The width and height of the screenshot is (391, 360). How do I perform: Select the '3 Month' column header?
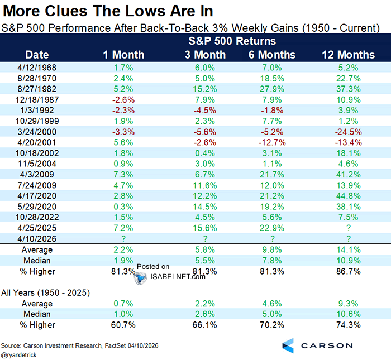[x=206, y=55]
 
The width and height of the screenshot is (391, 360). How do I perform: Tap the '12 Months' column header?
[x=348, y=55]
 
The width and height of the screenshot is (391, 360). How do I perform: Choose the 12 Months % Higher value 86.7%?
[x=348, y=271]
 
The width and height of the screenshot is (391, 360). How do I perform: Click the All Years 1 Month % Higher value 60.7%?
[x=123, y=324]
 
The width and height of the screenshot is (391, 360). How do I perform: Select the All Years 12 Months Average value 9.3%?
[x=348, y=304]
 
